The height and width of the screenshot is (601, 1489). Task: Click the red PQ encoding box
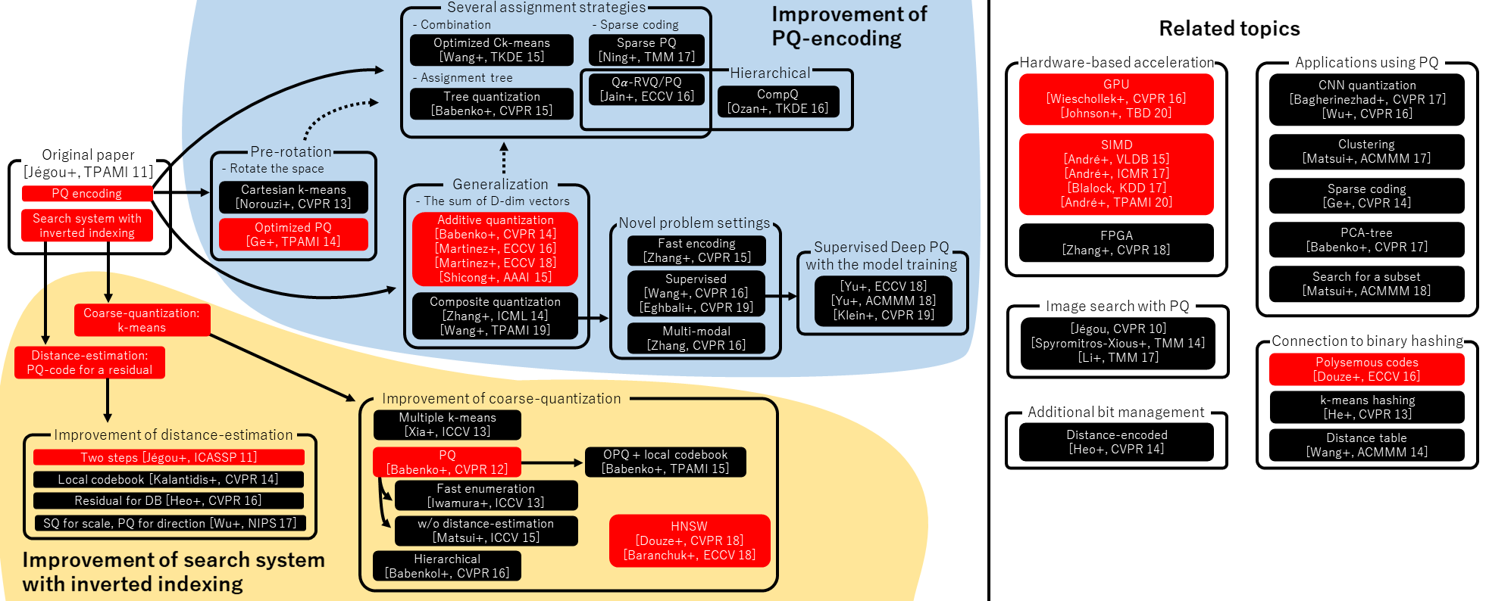(87, 194)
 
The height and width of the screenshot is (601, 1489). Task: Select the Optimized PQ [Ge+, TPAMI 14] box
(293, 235)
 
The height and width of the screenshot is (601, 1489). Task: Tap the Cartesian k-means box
(293, 197)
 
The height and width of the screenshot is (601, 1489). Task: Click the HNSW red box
(689, 540)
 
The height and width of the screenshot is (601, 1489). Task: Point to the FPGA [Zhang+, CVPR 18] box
(1115, 243)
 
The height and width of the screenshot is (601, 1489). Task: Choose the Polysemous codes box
(1366, 369)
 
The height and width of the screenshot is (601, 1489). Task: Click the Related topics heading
(1229, 29)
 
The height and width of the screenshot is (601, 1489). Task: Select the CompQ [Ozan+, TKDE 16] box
(777, 101)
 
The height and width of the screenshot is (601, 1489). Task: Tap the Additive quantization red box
(495, 248)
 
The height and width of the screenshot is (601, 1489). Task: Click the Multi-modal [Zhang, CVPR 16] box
(696, 338)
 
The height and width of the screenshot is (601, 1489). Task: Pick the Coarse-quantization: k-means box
(142, 320)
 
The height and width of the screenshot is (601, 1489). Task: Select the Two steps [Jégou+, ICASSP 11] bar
(168, 457)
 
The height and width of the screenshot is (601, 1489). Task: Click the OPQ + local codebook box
(665, 462)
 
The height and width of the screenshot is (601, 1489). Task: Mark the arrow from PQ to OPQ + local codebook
(552, 462)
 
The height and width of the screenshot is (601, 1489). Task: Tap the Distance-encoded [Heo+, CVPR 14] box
(1115, 442)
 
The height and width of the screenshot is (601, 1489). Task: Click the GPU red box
(1115, 99)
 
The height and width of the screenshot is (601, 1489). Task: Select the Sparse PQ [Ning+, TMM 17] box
(646, 50)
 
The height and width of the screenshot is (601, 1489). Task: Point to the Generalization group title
(500, 185)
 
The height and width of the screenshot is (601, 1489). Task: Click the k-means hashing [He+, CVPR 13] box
(1366, 407)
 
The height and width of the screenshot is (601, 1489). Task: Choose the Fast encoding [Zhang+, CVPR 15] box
(696, 251)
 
